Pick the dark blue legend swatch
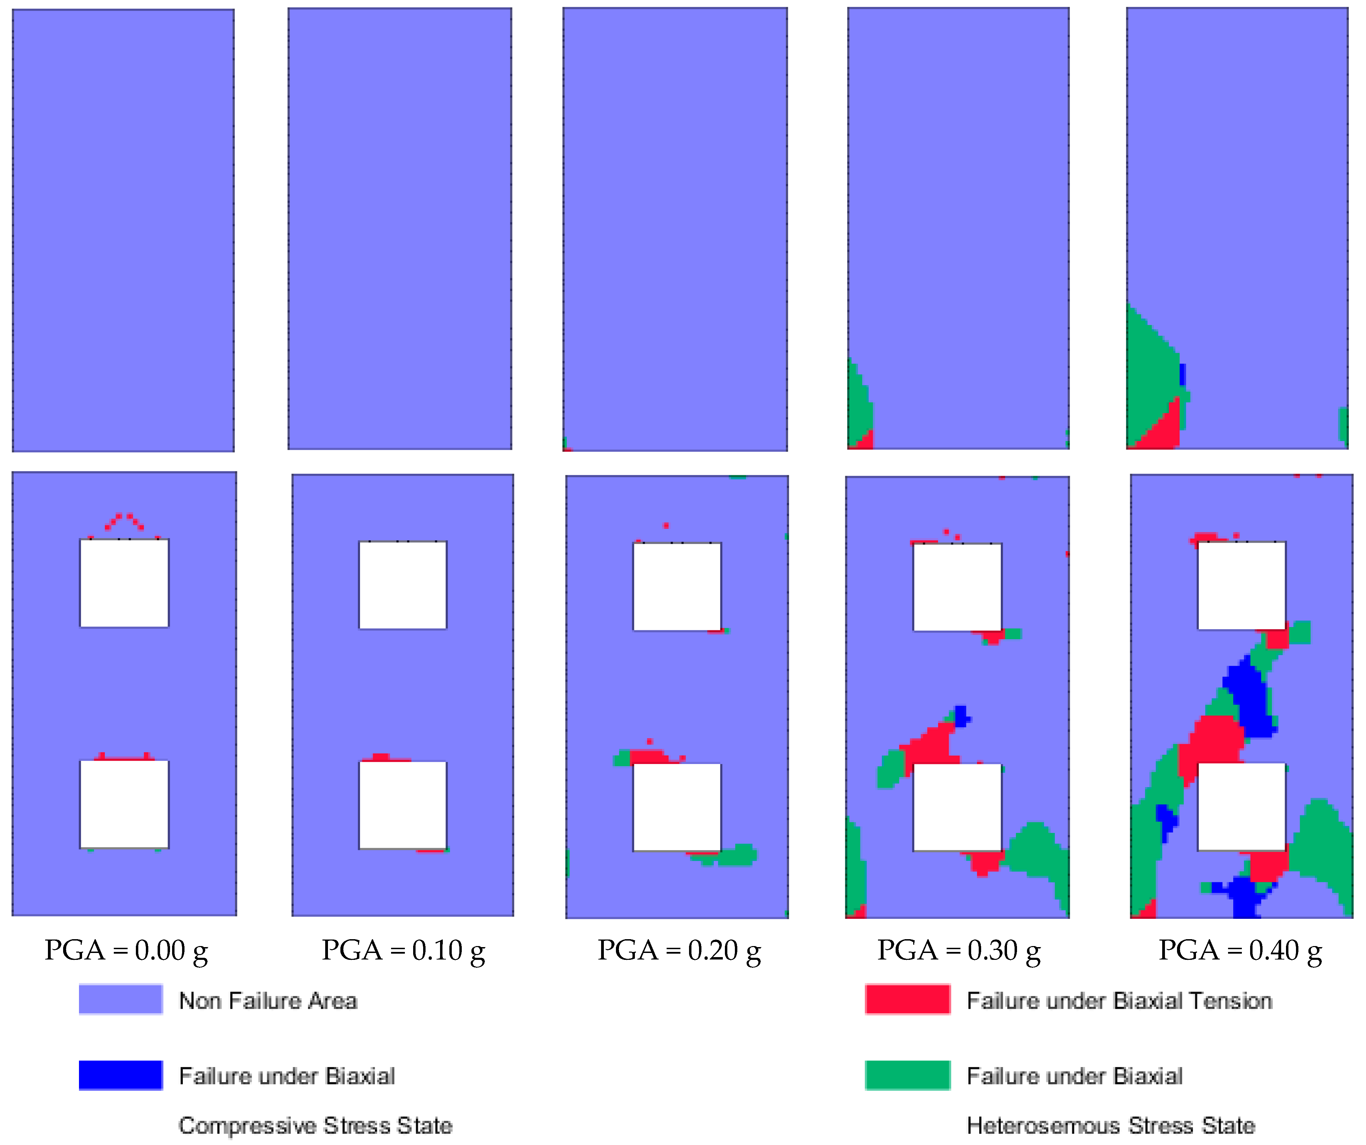coord(120,1075)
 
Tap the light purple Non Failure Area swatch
coord(120,1000)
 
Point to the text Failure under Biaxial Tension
coord(1119,1001)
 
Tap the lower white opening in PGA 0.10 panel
coord(403,805)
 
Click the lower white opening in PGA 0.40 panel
coord(1241,806)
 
